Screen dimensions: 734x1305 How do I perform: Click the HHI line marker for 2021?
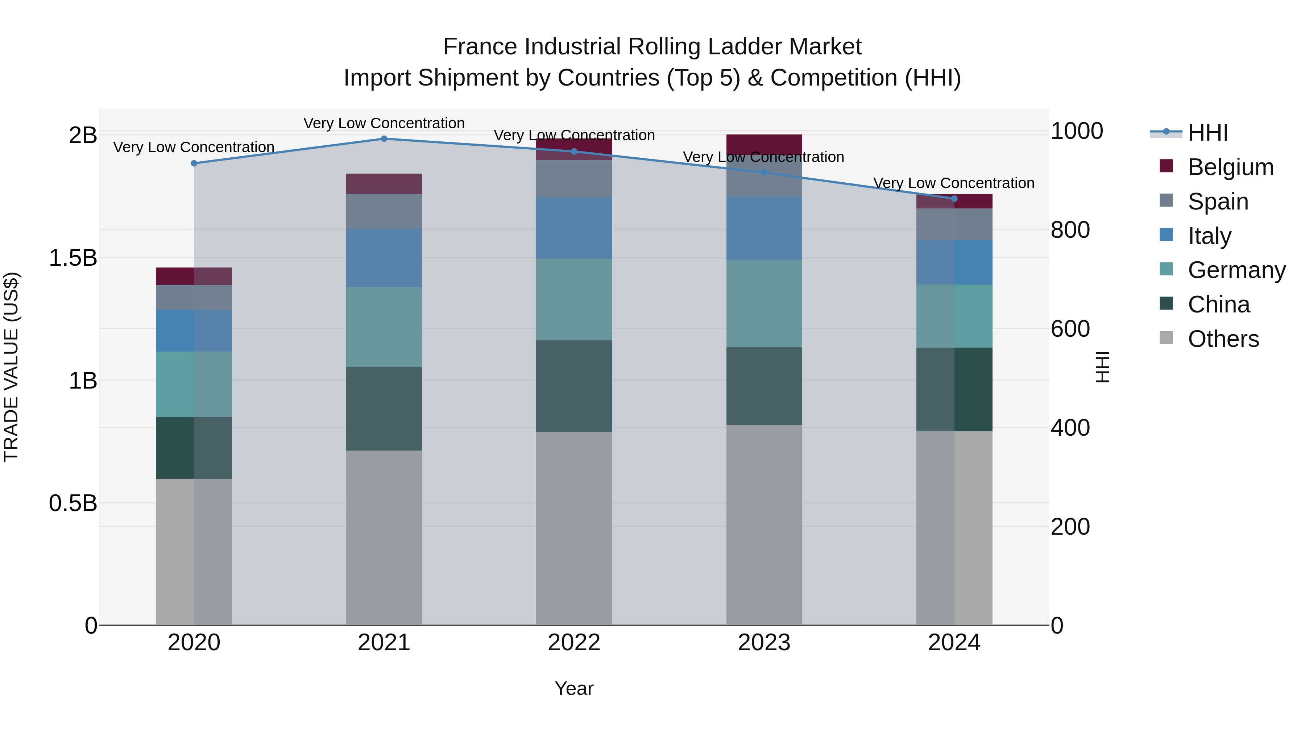coord(384,139)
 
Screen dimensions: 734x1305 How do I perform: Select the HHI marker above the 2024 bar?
coord(954,199)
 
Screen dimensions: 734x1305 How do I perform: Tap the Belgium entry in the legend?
coord(1230,167)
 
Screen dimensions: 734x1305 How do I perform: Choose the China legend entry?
coord(1218,304)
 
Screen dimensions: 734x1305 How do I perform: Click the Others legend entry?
coord(1223,339)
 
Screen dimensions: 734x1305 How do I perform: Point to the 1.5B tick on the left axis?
coord(73,258)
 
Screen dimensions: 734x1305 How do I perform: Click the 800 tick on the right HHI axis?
coord(1070,230)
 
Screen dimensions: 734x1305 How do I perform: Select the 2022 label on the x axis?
coord(574,643)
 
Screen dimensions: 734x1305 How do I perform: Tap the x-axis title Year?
coord(574,688)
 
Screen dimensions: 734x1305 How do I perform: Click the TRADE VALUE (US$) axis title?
coord(11,367)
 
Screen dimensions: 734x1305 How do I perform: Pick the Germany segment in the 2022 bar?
coord(574,299)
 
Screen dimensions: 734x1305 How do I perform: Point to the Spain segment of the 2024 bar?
coord(954,224)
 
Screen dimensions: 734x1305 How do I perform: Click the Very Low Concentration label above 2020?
coord(194,148)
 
